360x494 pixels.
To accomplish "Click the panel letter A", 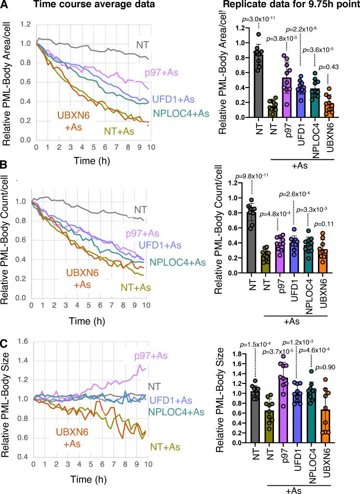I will click(x=4, y=6).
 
